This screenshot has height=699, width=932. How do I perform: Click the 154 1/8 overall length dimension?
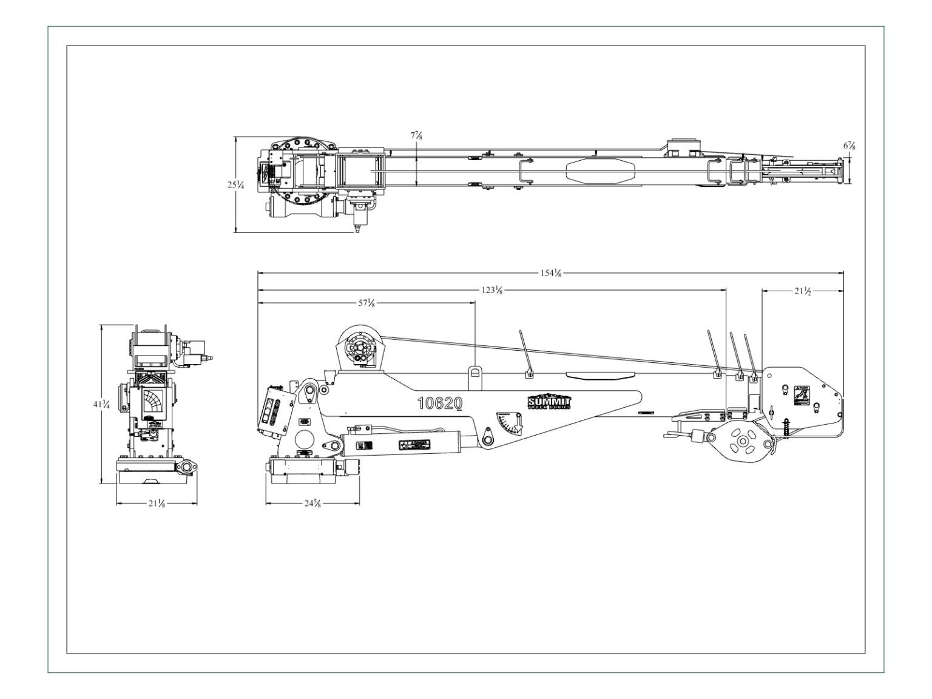pos(550,273)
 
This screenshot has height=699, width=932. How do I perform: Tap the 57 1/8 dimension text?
pos(366,303)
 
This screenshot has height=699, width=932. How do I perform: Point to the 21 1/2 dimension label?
pos(802,291)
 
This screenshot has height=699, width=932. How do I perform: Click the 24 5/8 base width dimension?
pos(312,504)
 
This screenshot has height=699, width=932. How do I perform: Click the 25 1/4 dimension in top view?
pos(236,185)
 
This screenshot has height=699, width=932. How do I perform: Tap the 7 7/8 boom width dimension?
pos(416,136)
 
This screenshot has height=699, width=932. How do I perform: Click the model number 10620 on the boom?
pos(440,403)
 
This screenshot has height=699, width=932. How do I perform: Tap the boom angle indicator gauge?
pos(508,422)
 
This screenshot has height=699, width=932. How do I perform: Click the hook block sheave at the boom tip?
pos(741,443)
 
